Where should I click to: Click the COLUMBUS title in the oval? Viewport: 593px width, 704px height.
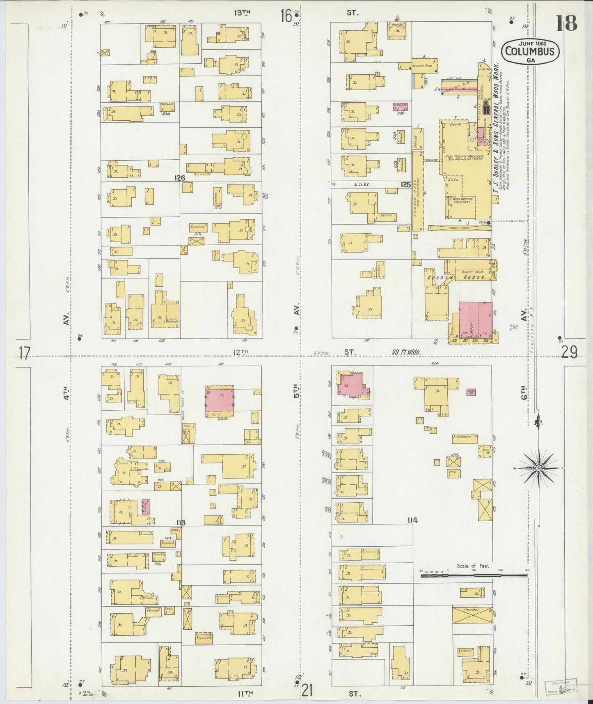point(531,52)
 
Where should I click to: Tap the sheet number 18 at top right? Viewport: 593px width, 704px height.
point(566,24)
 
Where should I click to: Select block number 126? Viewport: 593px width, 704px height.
point(179,178)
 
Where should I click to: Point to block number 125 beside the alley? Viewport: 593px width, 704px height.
point(405,185)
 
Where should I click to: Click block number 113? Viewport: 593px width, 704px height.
point(181,523)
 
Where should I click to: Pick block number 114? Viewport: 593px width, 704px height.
point(412,520)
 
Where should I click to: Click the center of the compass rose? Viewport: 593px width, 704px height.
point(538,468)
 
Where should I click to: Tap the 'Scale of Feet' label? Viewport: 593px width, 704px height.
point(473,566)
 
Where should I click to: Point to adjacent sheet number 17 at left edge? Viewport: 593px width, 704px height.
point(24,353)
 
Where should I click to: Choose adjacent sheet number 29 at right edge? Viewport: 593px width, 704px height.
point(570,352)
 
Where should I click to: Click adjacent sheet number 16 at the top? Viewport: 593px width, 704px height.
point(286,16)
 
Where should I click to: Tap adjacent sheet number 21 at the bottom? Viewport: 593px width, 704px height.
point(308,691)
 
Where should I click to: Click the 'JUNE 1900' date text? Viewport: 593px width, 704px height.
point(531,44)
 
